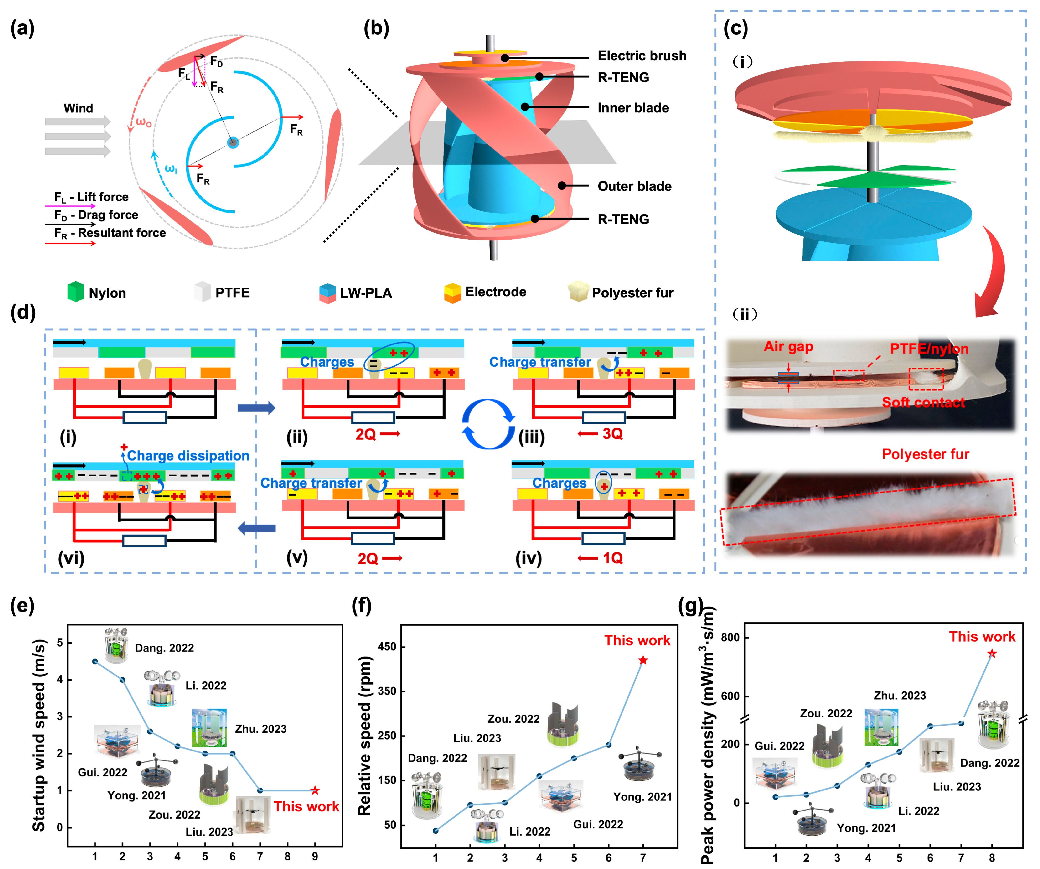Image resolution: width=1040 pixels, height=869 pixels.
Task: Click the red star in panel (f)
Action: click(643, 660)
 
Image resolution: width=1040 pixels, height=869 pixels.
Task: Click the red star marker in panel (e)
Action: click(315, 790)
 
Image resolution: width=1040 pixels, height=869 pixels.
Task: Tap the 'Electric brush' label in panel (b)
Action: click(642, 56)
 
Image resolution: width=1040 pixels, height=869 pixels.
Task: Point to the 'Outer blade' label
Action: click(634, 186)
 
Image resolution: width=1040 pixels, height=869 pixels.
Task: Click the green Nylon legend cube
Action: click(75, 292)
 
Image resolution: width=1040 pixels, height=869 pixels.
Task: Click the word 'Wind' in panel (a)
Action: click(78, 108)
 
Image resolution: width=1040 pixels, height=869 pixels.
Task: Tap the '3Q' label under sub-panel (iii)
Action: click(612, 434)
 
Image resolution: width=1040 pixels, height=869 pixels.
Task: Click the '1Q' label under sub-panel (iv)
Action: click(612, 558)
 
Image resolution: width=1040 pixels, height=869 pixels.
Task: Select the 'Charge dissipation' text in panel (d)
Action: click(188, 455)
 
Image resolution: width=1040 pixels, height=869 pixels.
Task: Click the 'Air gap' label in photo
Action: click(788, 347)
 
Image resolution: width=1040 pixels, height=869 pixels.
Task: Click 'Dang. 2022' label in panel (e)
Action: click(164, 648)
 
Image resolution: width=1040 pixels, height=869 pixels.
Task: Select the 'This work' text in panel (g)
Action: click(982, 637)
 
